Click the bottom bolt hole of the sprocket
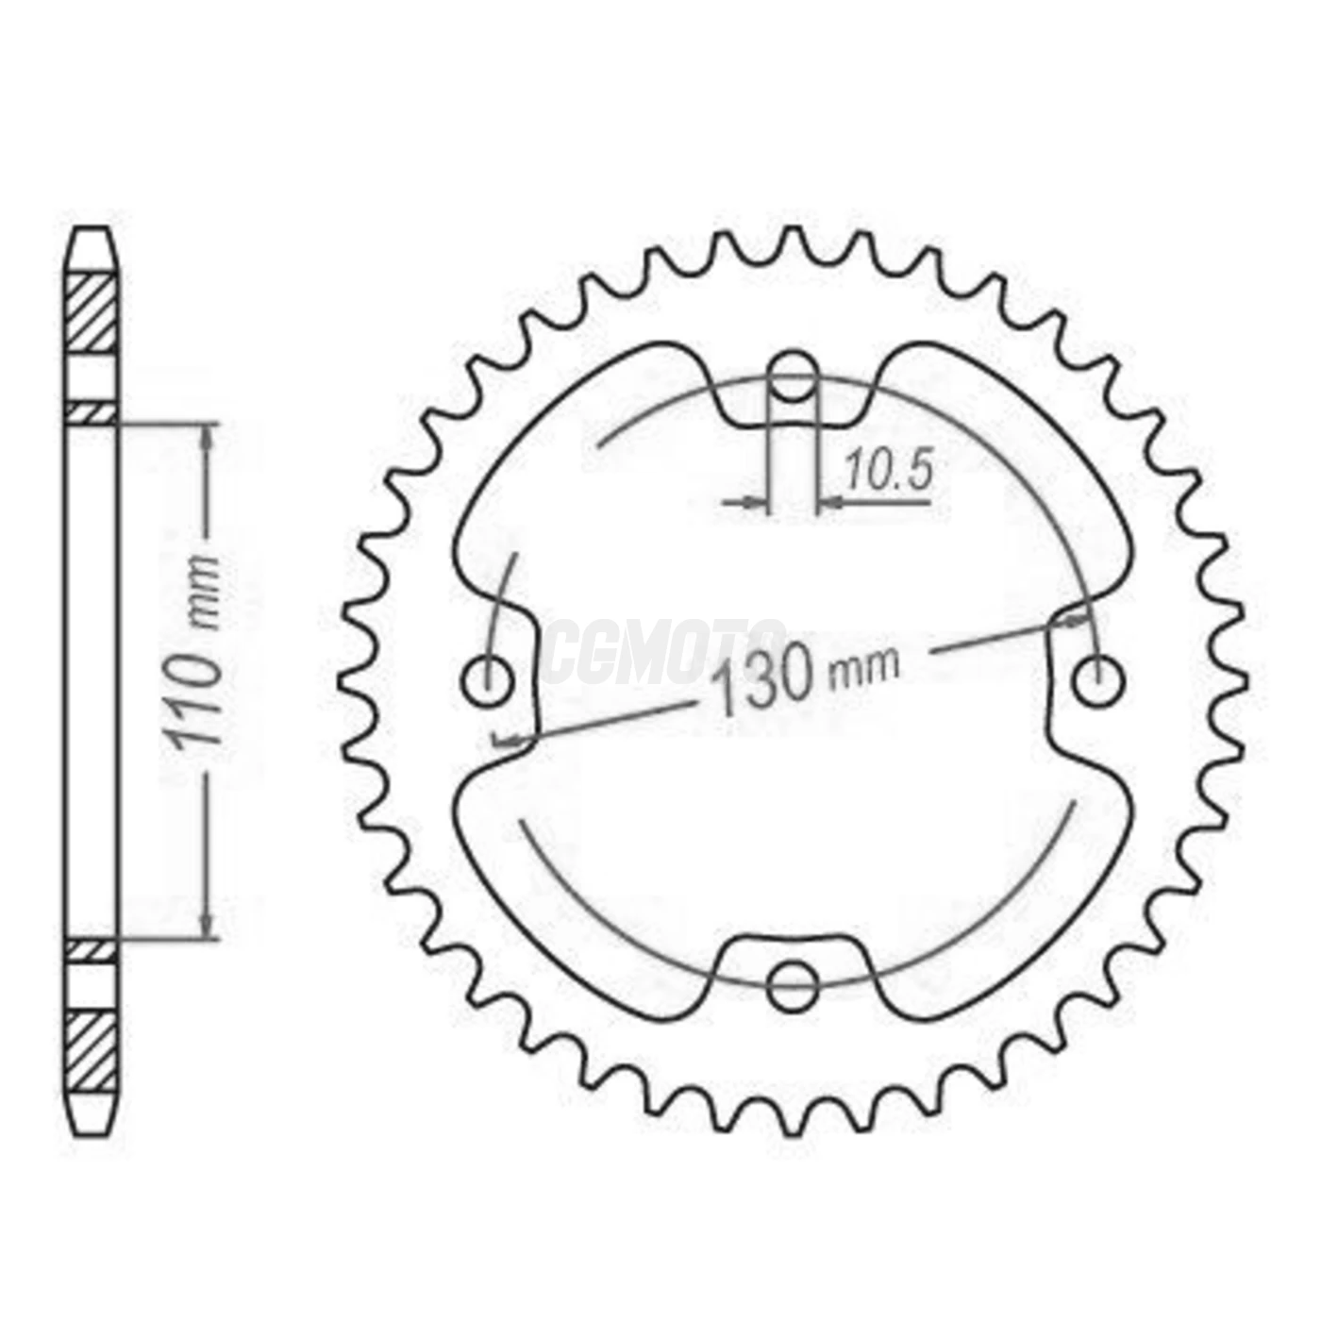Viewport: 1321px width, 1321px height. pyautogui.click(x=792, y=986)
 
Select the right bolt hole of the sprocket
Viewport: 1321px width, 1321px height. pyautogui.click(x=1098, y=680)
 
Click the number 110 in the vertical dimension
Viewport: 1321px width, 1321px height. pyautogui.click(x=195, y=696)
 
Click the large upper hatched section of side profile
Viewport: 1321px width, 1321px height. pyautogui.click(x=92, y=313)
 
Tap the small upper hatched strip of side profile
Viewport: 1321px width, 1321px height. pyautogui.click(x=92, y=412)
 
